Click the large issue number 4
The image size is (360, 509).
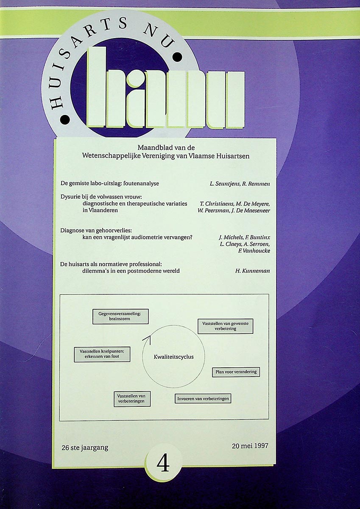coord(163,464)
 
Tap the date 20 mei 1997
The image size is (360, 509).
coord(250,446)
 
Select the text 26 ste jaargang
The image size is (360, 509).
coord(85,447)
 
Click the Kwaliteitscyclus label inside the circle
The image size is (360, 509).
coord(173,357)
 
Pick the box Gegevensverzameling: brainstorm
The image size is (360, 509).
coord(120,316)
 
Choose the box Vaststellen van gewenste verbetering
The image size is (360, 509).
coord(225,326)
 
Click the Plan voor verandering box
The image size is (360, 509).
coord(236,372)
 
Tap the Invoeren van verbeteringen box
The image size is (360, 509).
coord(203,398)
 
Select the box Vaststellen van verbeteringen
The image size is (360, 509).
coord(132,399)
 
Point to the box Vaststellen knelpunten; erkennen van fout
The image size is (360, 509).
coord(102,354)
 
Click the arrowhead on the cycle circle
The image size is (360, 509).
coord(147,338)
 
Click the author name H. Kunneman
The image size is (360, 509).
coord(252,271)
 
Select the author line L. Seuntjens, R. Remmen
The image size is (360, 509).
coord(239,184)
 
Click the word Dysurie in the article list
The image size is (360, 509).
coord(71,197)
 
